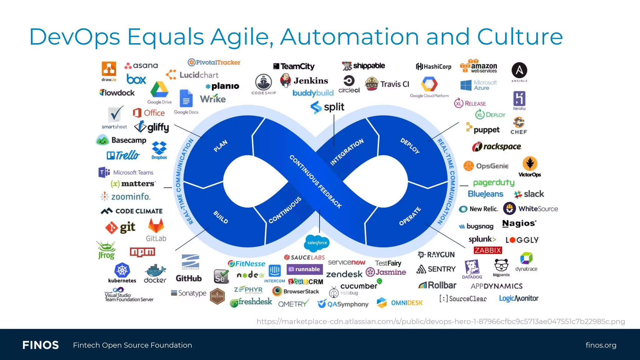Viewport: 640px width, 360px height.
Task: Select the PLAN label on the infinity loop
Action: point(220,146)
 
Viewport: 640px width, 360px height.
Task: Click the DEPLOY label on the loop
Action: point(410,146)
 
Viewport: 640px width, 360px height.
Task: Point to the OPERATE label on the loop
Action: point(410,216)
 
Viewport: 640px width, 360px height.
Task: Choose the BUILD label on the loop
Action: point(221,217)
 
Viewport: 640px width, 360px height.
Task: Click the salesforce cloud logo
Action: point(317,243)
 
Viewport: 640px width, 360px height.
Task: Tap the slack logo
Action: point(529,194)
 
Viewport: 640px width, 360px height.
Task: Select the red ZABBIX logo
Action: point(487,250)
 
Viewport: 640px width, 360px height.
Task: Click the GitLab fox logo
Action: point(156,226)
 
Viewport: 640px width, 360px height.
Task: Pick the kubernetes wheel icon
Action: point(122,270)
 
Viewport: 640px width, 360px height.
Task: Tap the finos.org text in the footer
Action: point(601,345)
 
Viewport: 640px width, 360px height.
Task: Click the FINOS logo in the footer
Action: point(41,345)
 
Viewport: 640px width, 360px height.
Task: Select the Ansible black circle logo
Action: point(519,70)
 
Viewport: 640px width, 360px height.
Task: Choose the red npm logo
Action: point(142,252)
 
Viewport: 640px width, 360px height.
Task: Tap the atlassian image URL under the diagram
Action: point(441,321)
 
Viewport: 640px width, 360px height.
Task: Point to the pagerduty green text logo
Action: point(493,182)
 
